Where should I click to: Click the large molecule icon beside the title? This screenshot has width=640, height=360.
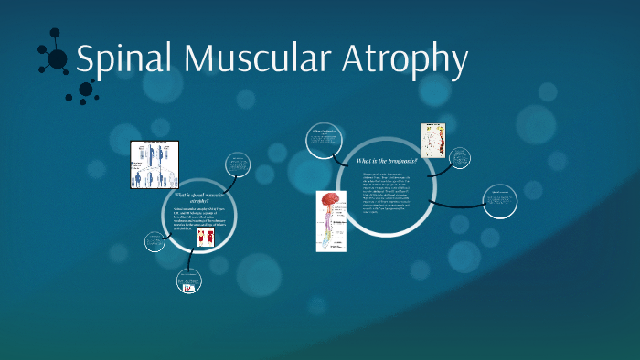pyautogui.click(x=56, y=58)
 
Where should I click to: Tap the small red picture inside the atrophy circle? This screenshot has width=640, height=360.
pyautogui.click(x=205, y=238)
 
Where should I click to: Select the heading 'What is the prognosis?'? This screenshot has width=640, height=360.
pyautogui.click(x=387, y=162)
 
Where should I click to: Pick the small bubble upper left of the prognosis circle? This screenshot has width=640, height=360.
pyautogui.click(x=325, y=140)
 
